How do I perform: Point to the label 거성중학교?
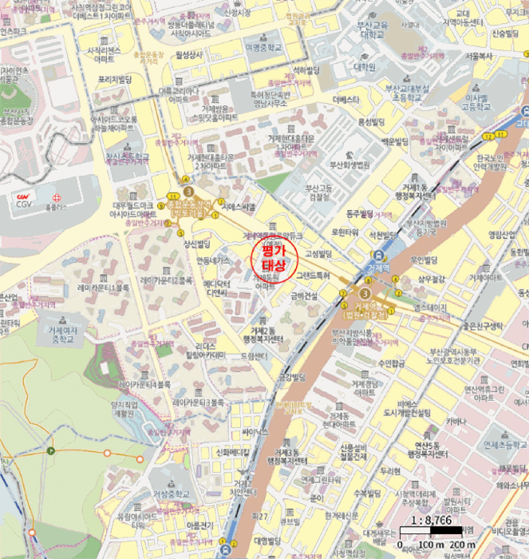click(171, 494)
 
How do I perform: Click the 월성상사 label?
click(188, 55)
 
